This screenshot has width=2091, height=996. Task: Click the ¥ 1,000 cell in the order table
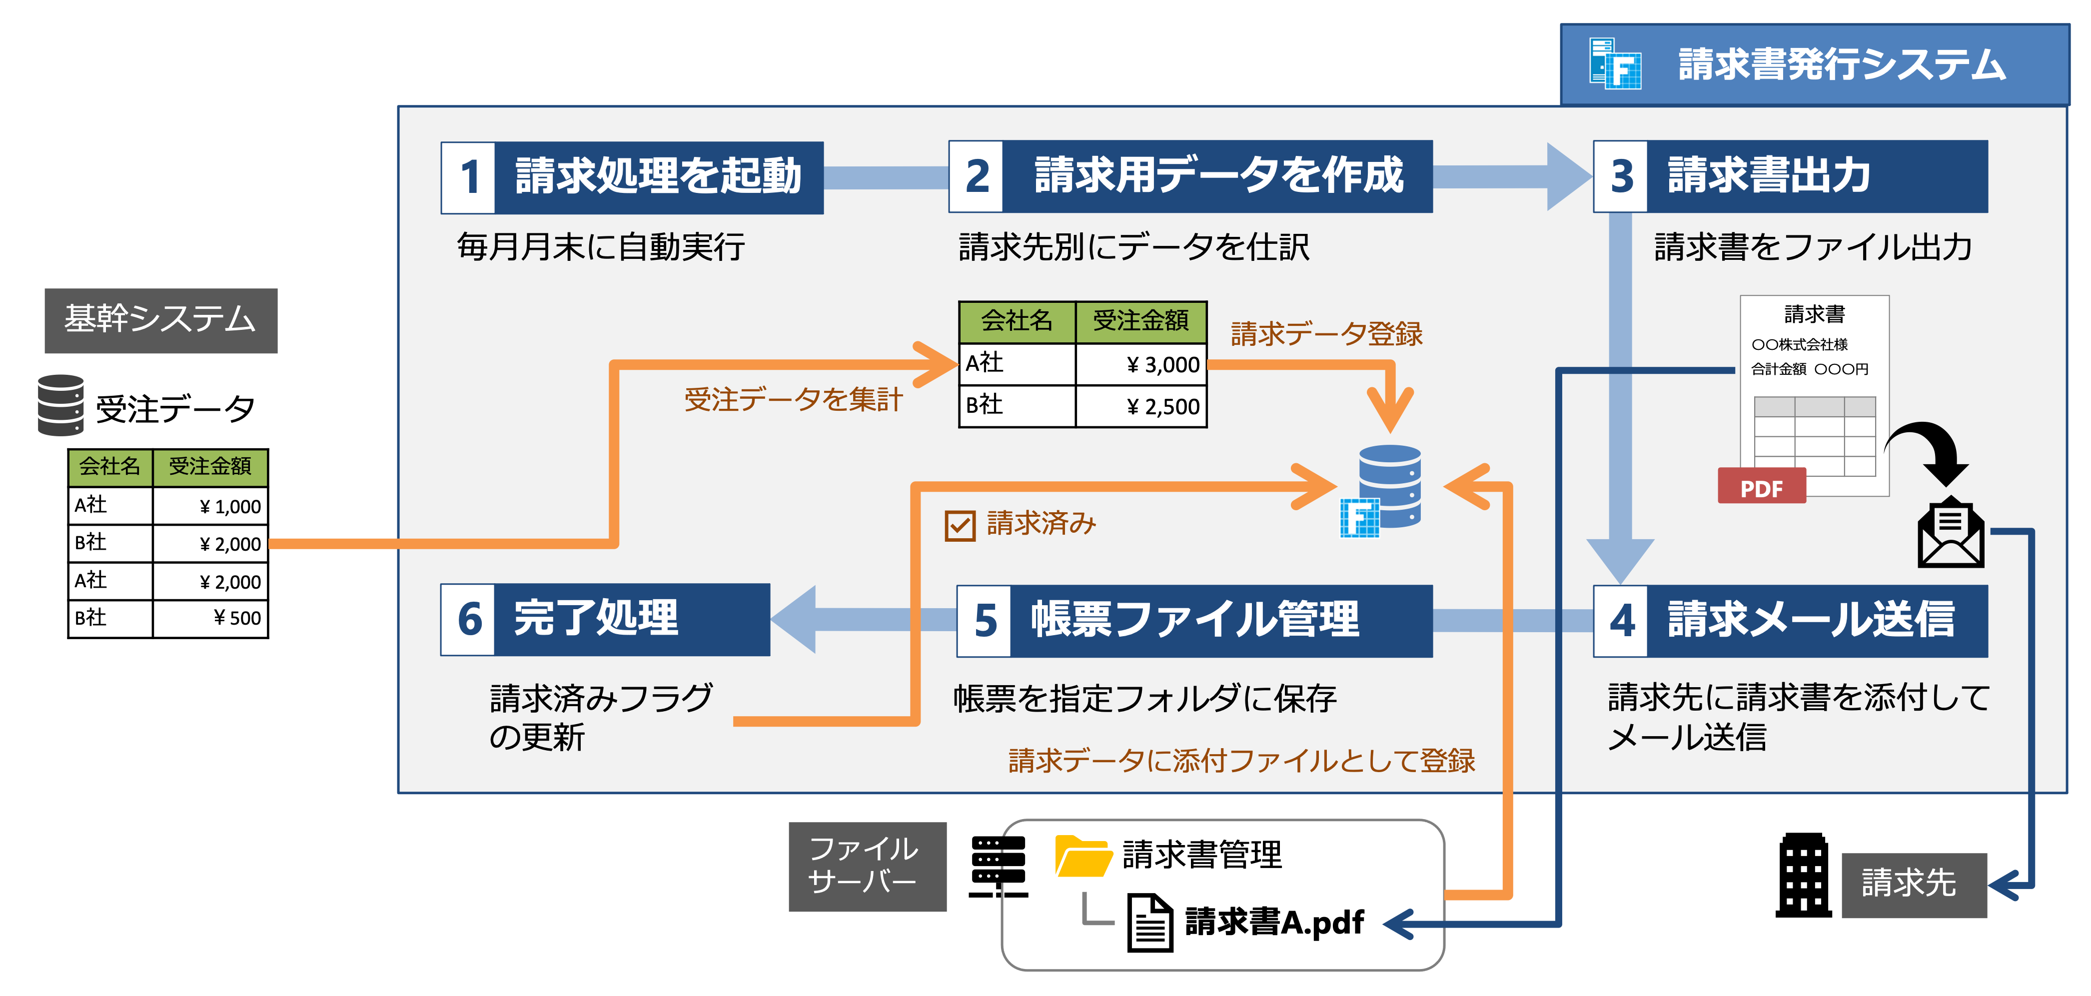(x=211, y=506)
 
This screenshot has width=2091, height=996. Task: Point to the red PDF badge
(x=1762, y=487)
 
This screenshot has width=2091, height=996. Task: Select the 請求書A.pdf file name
(x=1274, y=922)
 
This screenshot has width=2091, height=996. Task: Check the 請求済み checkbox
(x=960, y=525)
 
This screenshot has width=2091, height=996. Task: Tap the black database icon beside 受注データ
(x=61, y=405)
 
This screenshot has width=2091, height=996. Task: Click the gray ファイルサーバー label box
(x=867, y=866)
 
